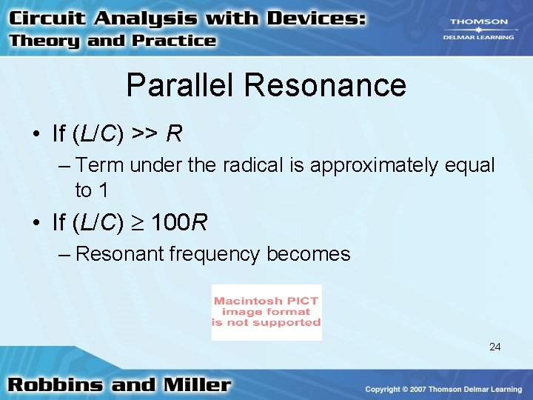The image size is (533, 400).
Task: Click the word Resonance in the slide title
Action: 325,85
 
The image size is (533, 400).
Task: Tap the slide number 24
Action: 495,346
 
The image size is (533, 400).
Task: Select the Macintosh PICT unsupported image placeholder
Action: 266,312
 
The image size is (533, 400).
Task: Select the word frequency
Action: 215,254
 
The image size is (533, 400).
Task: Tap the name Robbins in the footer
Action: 56,385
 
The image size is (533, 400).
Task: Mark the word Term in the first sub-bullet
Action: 94,165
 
